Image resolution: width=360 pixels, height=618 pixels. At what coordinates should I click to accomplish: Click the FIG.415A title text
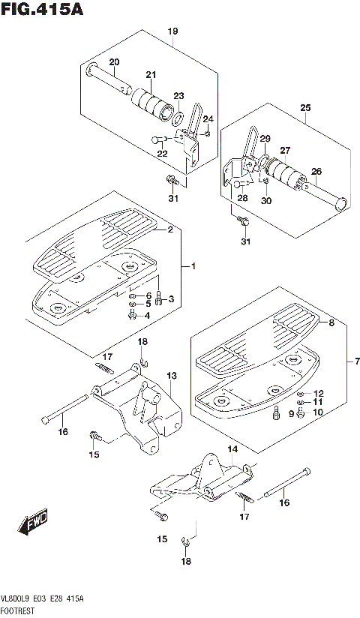42,9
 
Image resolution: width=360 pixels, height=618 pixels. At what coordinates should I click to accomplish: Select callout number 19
172,31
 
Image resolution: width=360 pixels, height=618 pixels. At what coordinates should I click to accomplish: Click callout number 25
305,107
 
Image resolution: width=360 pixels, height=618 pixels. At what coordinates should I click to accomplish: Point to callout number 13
172,376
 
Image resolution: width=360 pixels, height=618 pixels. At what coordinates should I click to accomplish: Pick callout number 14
233,449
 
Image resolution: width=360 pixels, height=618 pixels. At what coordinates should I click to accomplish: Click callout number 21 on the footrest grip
151,74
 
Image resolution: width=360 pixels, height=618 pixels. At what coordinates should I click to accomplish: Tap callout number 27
285,151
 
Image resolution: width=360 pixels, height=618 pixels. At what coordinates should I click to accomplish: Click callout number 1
193,267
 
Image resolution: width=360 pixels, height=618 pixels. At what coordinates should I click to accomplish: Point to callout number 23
178,96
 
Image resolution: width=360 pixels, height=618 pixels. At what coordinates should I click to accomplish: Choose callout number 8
331,323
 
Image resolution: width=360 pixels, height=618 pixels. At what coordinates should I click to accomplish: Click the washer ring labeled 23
178,117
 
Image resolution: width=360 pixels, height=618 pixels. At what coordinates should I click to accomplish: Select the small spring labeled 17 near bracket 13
105,368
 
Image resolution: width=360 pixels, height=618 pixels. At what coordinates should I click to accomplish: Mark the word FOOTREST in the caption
18,611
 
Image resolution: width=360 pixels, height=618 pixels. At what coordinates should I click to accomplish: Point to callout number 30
266,201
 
